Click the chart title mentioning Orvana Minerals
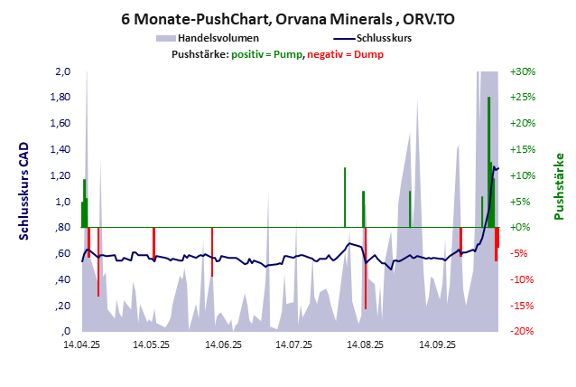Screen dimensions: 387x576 click(288, 18)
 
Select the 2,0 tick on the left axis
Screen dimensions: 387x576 click(62, 71)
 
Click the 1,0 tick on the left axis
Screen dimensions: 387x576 click(62, 202)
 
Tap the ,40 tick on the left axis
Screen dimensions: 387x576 click(62, 279)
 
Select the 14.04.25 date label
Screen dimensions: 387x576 click(80, 345)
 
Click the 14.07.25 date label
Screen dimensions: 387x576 click(293, 345)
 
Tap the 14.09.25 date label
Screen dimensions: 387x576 click(435, 345)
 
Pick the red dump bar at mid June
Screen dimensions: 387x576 click(212, 251)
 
